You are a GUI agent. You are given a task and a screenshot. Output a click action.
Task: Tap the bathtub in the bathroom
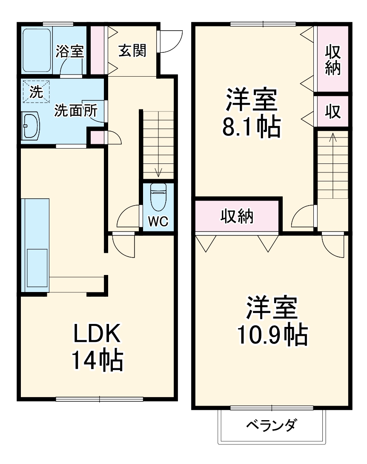pos(37,50)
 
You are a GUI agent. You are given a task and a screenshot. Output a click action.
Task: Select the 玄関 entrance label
pos(132,51)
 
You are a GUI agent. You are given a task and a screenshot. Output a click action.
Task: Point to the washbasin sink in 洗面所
pos(31,126)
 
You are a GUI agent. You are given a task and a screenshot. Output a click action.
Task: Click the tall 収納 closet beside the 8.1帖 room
pos(333,60)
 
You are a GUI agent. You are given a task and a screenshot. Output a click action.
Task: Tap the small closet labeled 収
pos(333,112)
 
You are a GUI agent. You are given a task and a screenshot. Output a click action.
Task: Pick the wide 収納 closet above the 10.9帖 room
pos(237,216)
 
